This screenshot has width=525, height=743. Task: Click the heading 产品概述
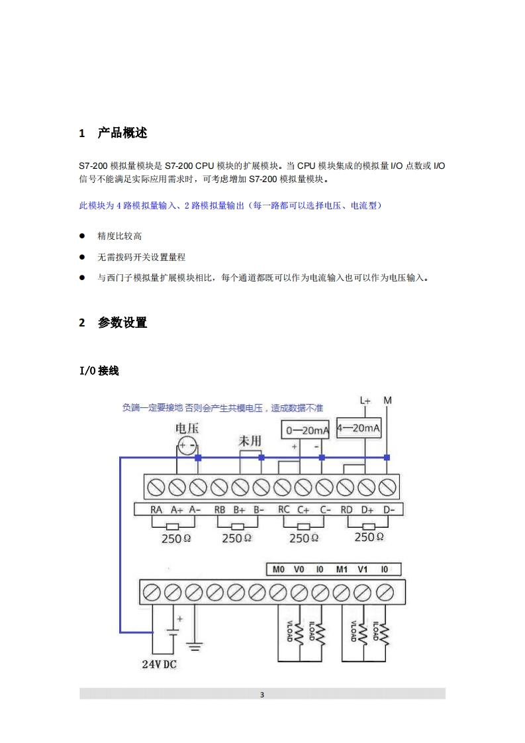122,133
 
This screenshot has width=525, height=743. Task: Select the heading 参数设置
122,323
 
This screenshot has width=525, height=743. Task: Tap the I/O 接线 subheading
99,371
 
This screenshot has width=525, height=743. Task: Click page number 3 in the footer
262,695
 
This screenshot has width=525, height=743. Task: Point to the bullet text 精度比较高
120,236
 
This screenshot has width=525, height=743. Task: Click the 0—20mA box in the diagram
307,431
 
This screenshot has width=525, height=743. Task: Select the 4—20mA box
359,428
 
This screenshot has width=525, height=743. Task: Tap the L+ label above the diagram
365,401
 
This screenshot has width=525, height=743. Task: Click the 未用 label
250,440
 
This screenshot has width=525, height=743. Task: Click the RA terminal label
156,510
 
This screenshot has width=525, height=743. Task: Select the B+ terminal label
240,510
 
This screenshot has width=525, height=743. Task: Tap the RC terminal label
284,510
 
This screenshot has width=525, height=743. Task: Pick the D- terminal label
389,510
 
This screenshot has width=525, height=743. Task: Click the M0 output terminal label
278,569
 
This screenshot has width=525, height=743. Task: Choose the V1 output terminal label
362,569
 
